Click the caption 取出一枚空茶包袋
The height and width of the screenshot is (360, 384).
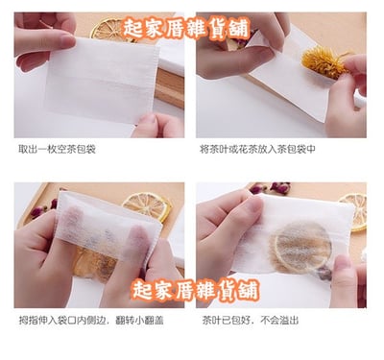coord(57,149)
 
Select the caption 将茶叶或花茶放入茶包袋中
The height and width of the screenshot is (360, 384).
coord(257,149)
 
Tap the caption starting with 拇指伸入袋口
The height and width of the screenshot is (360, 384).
coord(91,321)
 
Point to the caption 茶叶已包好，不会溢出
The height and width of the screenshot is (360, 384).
coord(251,321)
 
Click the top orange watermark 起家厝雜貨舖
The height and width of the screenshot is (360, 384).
coord(185,29)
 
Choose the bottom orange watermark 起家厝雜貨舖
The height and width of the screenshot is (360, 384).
coord(195,290)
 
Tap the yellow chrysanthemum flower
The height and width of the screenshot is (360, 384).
coord(324,62)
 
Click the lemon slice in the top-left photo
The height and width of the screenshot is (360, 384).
coord(108,30)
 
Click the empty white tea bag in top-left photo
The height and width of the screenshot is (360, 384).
coord(103,80)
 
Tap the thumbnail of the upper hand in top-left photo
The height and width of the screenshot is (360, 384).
coord(68,41)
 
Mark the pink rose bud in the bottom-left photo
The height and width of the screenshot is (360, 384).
coord(37,211)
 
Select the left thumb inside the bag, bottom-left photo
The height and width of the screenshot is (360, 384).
coord(71,222)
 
